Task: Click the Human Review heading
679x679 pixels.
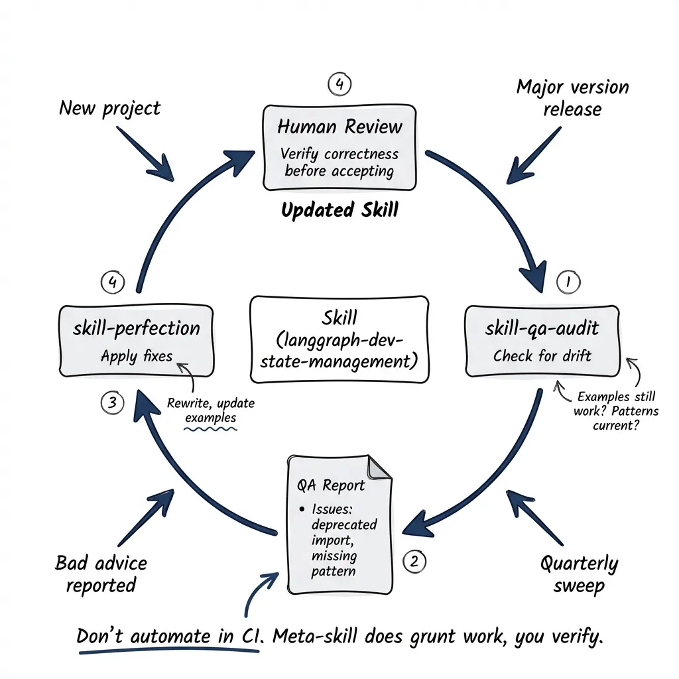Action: [x=339, y=126]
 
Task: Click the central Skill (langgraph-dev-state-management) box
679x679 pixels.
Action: [x=339, y=339]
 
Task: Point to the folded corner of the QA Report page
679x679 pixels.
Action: [x=379, y=467]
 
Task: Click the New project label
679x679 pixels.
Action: [x=109, y=107]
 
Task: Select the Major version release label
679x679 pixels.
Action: [x=572, y=97]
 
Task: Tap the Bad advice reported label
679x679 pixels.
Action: [x=101, y=574]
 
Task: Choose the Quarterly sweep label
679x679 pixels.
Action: [x=578, y=575]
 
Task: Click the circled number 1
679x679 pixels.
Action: [x=568, y=282]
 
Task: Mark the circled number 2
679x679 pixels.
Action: [x=414, y=562]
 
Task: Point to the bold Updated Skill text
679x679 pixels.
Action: [x=339, y=210]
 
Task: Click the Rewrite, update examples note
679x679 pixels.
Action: [x=211, y=411]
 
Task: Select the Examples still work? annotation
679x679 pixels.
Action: [x=616, y=410]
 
